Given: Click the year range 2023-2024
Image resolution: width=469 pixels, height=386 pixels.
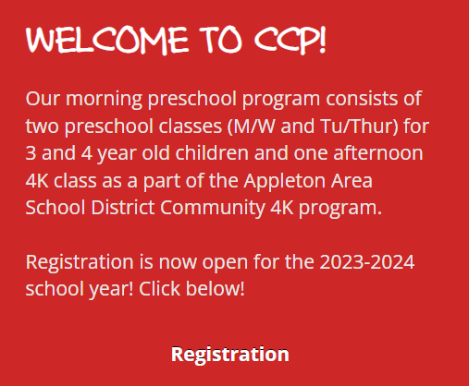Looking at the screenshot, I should coord(366,261).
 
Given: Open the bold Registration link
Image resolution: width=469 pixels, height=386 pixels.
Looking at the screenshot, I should coord(230,354).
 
